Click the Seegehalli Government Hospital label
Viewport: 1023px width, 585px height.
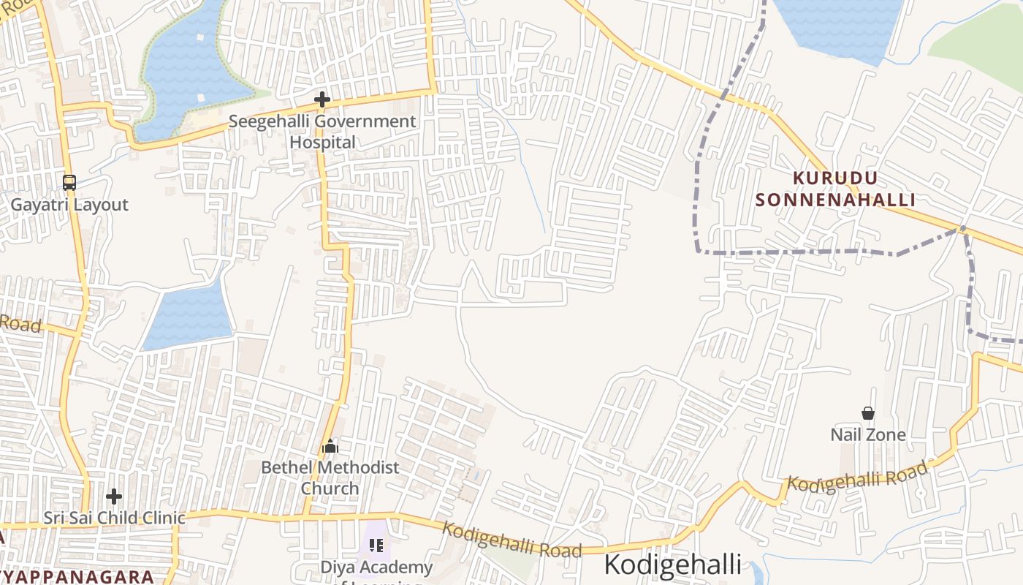coord(322,132)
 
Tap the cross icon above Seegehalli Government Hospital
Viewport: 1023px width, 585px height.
coord(322,99)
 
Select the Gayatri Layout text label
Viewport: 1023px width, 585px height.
coord(69,205)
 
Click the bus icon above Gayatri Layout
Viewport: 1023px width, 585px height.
coord(69,182)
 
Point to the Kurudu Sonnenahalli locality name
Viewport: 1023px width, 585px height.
coord(835,189)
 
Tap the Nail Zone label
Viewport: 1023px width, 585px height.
coord(867,435)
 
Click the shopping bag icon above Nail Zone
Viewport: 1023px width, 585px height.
coord(867,414)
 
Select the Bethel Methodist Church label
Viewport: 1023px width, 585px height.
coord(330,478)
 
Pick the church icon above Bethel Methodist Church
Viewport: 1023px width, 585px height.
coord(330,445)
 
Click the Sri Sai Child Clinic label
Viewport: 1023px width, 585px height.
coord(114,518)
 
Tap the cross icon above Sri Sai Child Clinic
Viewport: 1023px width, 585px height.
coord(114,497)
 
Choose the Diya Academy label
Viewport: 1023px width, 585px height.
coord(376,567)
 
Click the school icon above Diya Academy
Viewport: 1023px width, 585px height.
coord(376,545)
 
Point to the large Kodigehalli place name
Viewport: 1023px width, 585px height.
coord(672,565)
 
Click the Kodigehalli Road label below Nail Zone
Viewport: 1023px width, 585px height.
coord(856,475)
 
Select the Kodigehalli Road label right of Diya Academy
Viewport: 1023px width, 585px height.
coord(512,540)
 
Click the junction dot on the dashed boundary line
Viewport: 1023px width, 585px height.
coord(963,229)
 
